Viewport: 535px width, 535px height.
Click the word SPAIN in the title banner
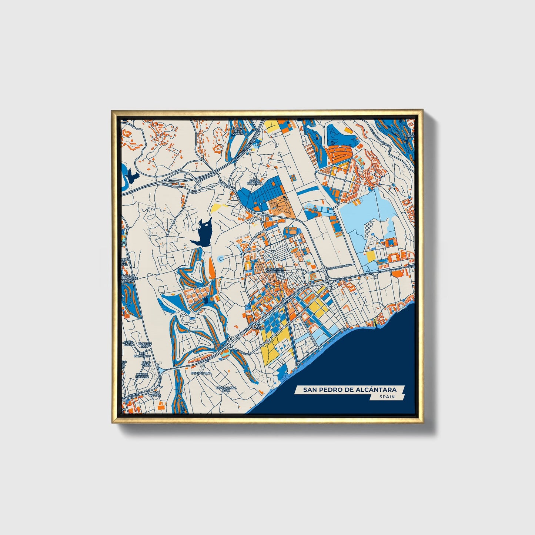click(387, 397)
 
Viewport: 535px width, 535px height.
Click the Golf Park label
click(128, 343)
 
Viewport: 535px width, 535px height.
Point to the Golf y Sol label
click(146, 365)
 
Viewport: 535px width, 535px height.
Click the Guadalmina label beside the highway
click(201, 373)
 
